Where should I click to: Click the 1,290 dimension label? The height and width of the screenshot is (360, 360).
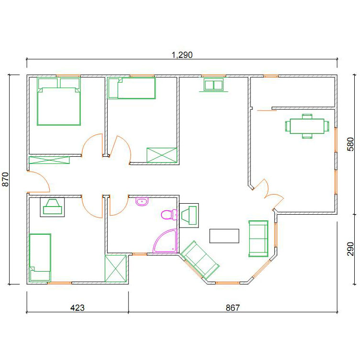(x=182, y=55)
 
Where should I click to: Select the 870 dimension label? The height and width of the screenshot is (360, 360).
(x=5, y=179)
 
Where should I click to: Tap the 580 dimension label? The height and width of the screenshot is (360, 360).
(x=350, y=144)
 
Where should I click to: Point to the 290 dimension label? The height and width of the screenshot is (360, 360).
(x=350, y=249)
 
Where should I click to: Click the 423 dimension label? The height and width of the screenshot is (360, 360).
(x=77, y=308)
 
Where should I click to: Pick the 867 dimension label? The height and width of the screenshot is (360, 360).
(x=232, y=308)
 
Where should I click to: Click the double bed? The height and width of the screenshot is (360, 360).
(x=59, y=101)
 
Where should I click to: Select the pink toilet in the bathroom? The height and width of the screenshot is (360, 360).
(x=169, y=215)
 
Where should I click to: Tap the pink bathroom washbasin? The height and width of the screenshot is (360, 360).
(x=142, y=202)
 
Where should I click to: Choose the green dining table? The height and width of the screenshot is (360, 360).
(x=307, y=126)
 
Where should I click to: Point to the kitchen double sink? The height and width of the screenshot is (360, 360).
(x=214, y=85)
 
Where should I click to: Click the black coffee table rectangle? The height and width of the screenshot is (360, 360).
(x=224, y=236)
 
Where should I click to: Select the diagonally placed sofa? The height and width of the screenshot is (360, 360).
(x=199, y=260)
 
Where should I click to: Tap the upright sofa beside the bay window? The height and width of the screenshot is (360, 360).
(x=258, y=239)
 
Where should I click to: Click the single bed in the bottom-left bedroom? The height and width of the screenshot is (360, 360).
(x=40, y=257)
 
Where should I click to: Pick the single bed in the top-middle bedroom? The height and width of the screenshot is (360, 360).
(x=131, y=88)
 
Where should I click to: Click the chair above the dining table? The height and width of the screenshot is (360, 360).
(x=307, y=116)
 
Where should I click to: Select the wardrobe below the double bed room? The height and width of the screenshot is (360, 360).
(x=49, y=160)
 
